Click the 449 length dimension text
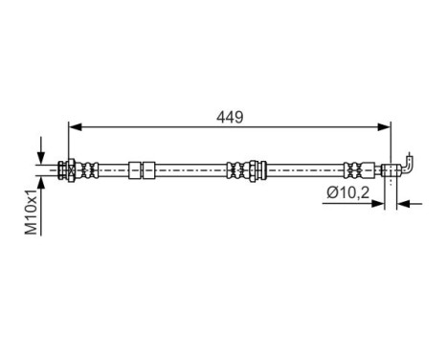[231, 118]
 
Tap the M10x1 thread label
[32, 212]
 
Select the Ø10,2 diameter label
[346, 192]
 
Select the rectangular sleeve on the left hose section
[143, 169]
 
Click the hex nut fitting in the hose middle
[252, 169]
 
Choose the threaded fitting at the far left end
[68, 169]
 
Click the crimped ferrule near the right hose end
[353, 169]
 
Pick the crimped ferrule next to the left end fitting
[90, 169]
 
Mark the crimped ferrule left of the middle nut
[234, 169]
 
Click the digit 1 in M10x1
[32, 192]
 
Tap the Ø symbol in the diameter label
[330, 192]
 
